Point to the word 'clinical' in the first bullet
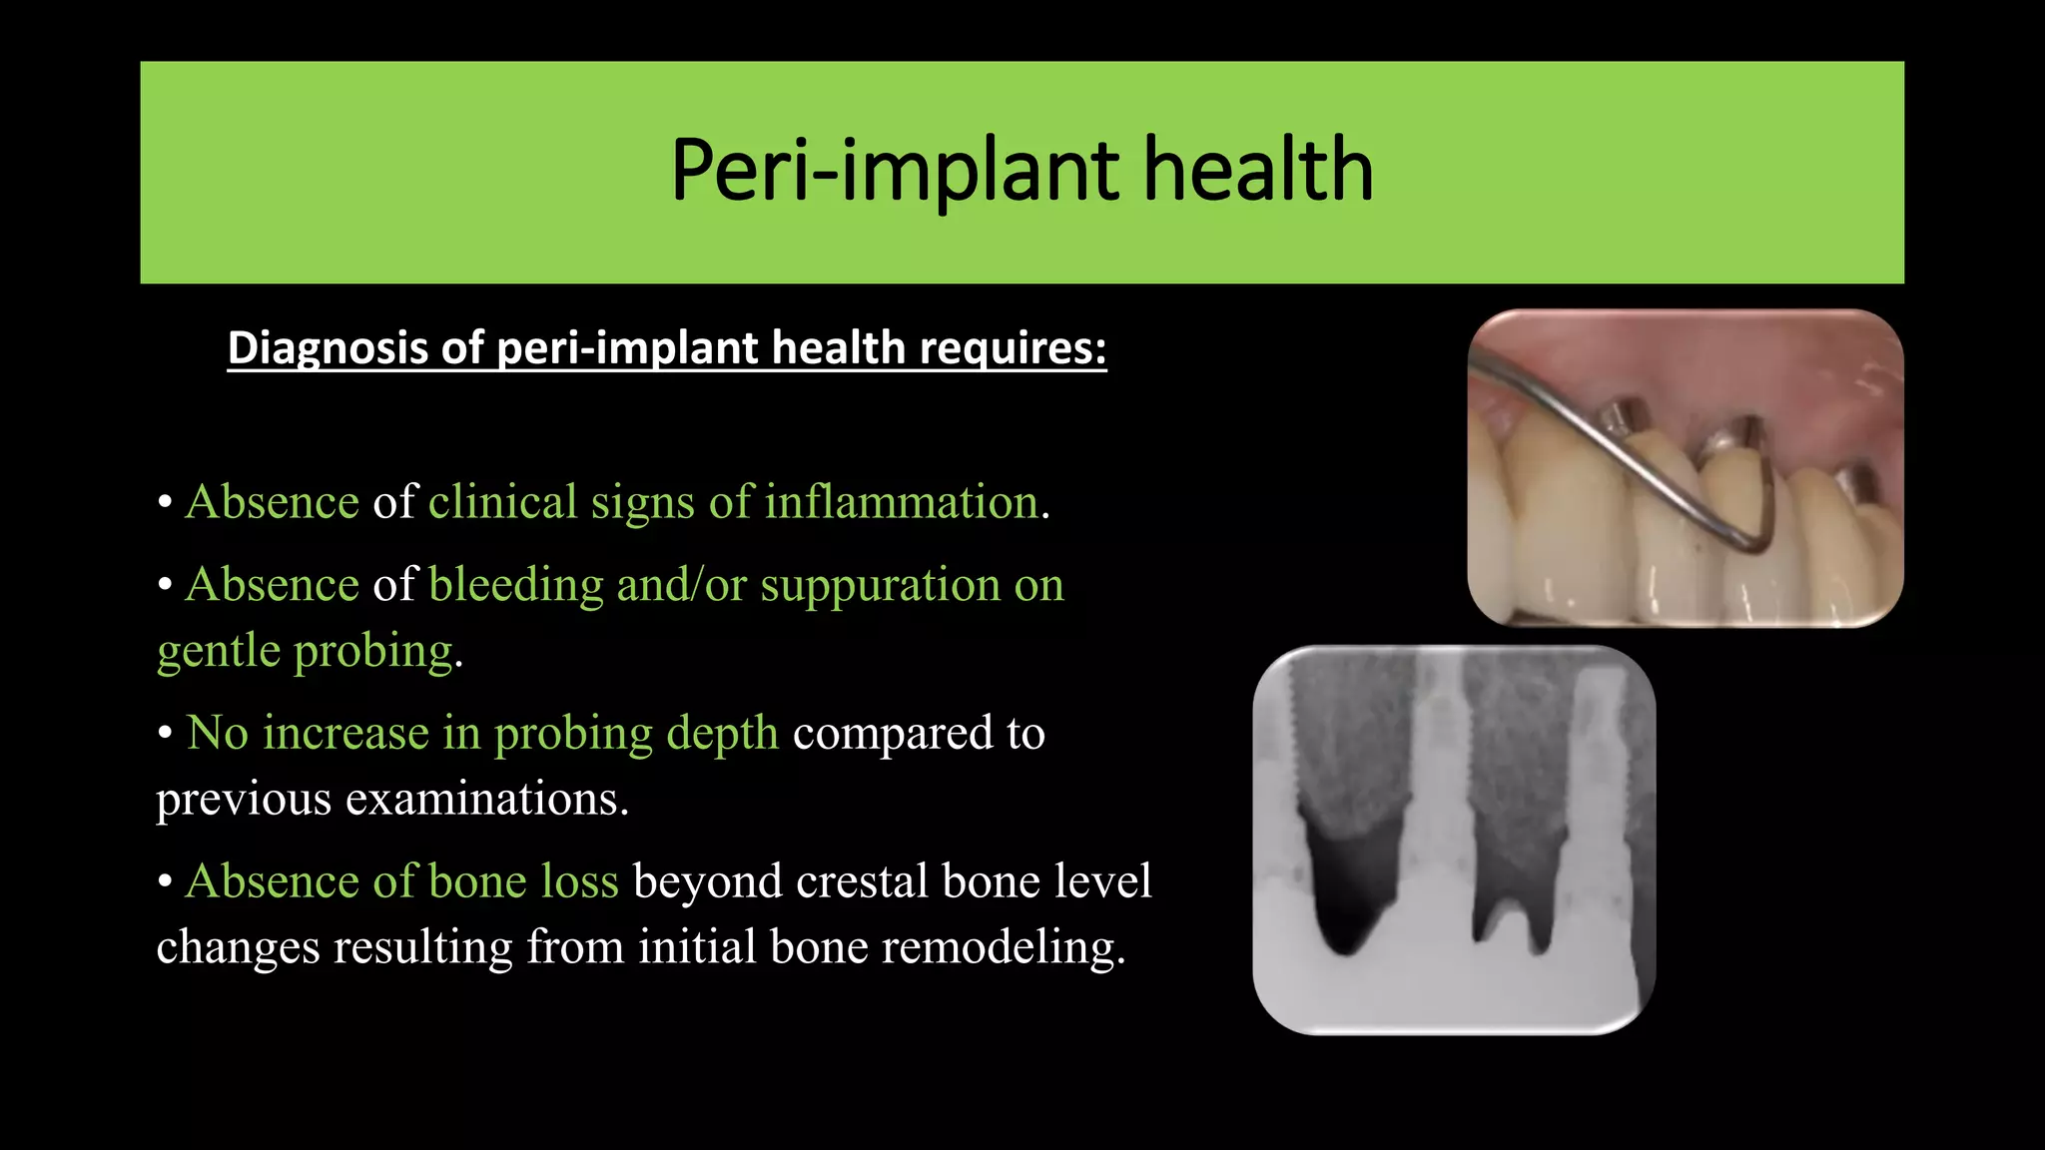click(x=502, y=501)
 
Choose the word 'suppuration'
click(x=880, y=584)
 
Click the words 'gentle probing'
click(x=305, y=651)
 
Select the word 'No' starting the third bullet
click(x=217, y=733)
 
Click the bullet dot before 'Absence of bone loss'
click(x=166, y=882)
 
